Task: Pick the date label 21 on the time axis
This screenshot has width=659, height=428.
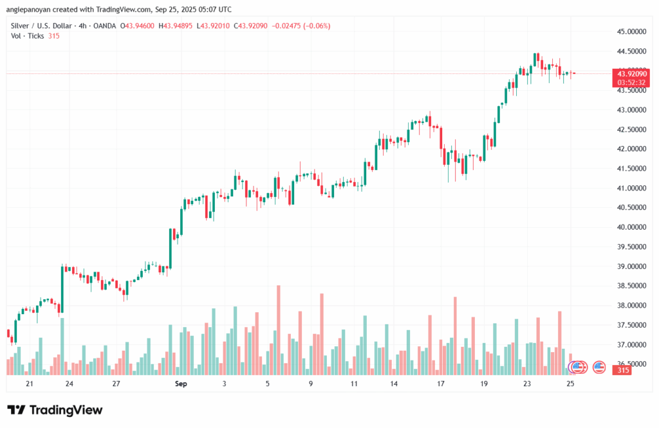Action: [x=30, y=384]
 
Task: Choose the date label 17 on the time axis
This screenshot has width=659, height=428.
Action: [x=441, y=384]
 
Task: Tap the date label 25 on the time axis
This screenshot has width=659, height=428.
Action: [x=571, y=384]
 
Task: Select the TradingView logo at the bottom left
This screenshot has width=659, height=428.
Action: [x=55, y=410]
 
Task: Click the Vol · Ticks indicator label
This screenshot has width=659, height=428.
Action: [x=28, y=35]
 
